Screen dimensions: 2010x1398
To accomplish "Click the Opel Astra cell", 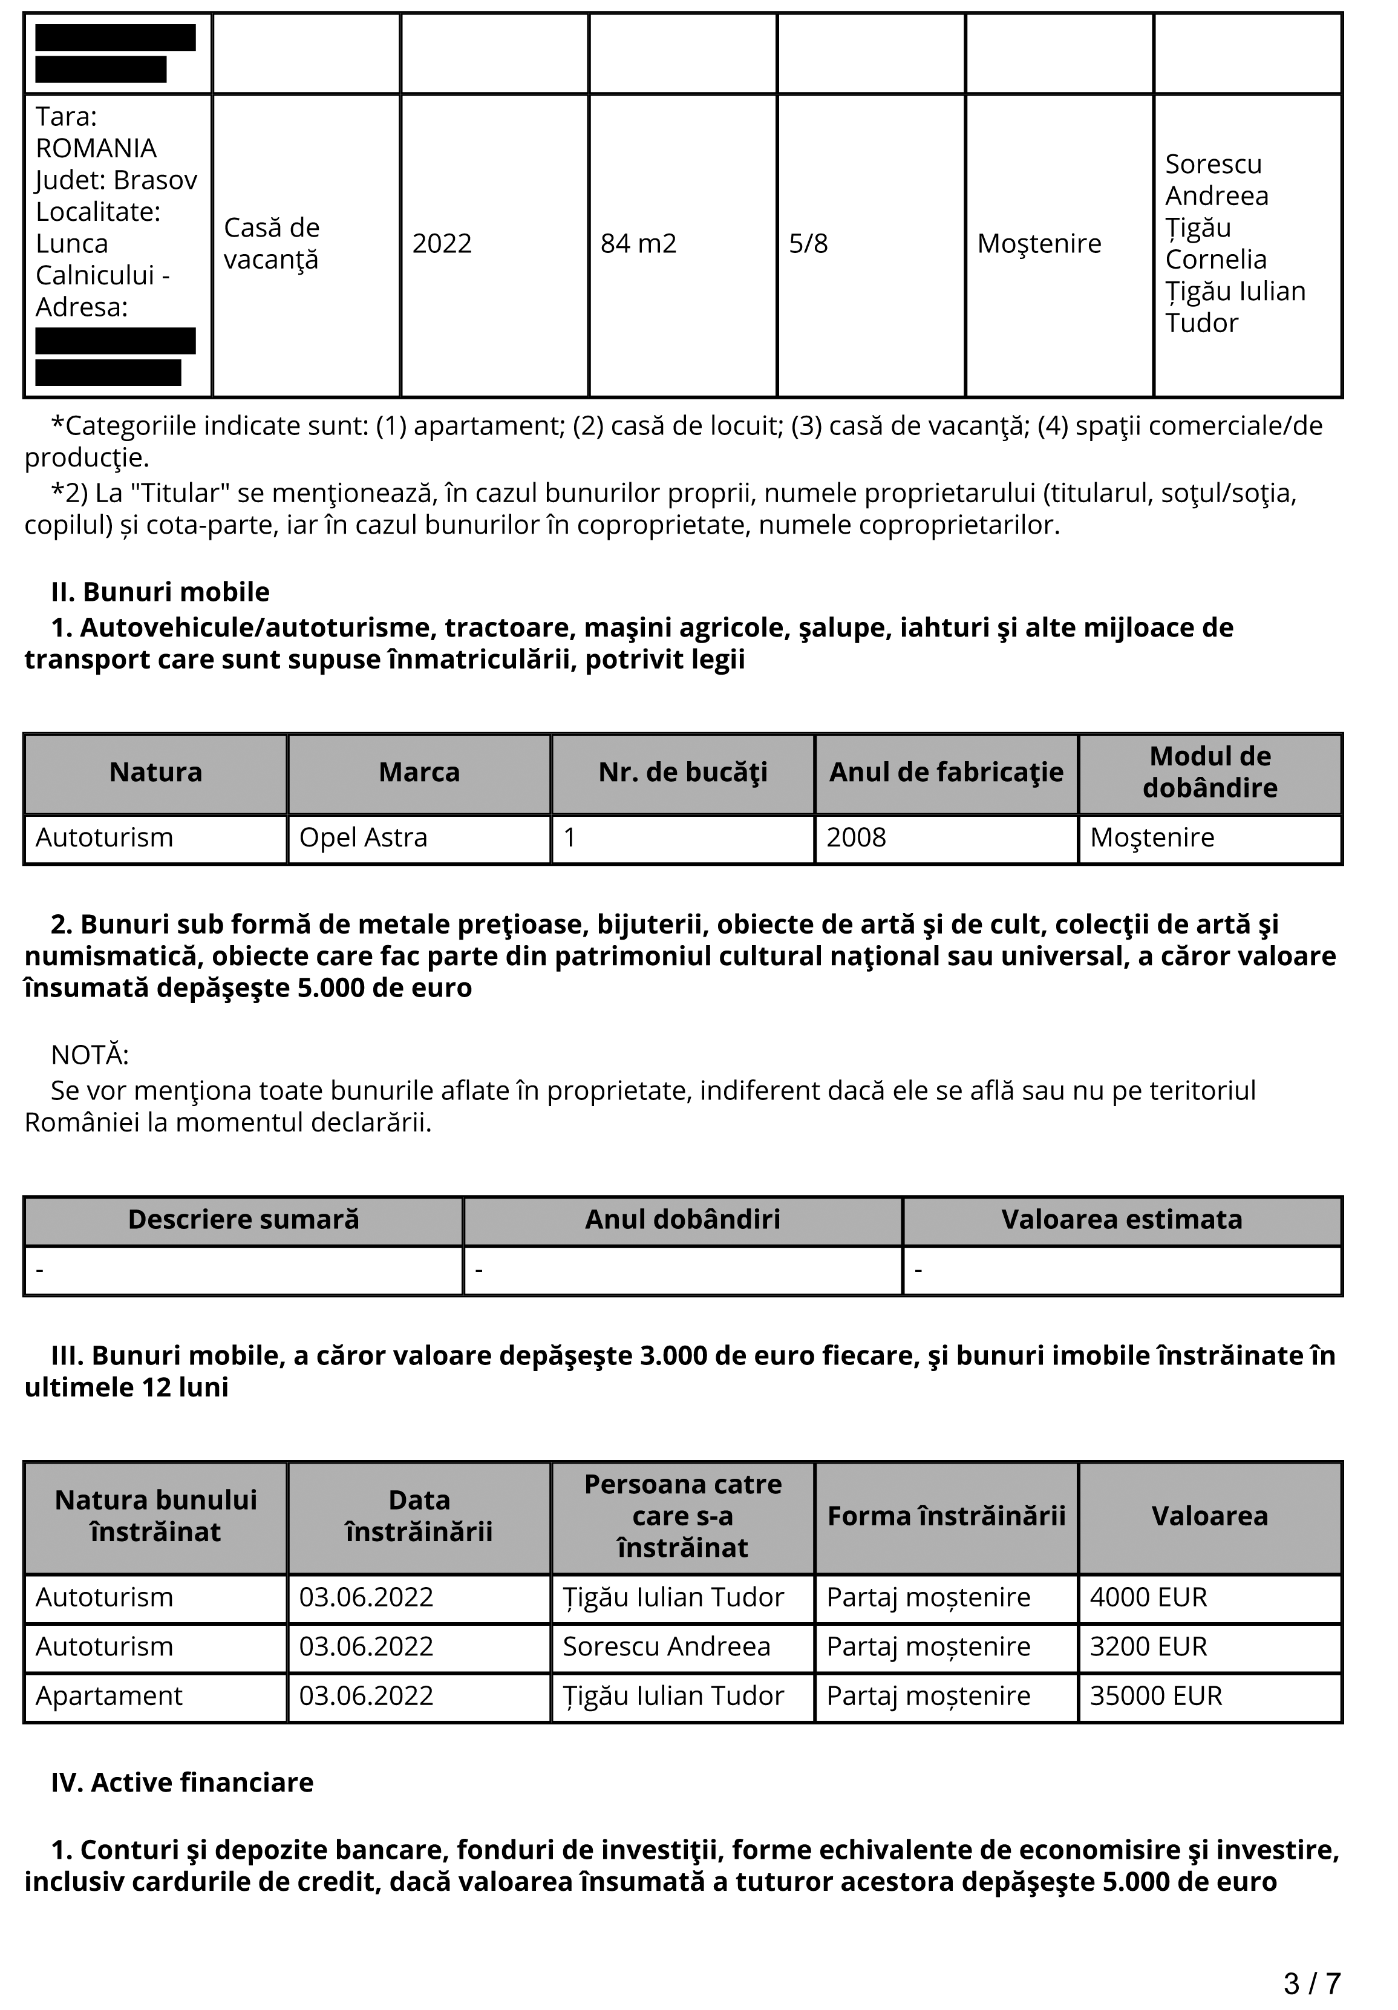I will (x=364, y=838).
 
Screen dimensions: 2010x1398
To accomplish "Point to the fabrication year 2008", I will (x=856, y=838).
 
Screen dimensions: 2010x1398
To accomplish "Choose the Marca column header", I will (x=419, y=772).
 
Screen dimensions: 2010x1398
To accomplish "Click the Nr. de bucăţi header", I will (x=683, y=772).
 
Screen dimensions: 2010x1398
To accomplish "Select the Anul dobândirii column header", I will (x=683, y=1219).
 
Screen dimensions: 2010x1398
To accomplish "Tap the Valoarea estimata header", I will (x=1122, y=1219).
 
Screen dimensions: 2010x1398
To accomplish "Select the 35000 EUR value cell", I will (x=1155, y=1696).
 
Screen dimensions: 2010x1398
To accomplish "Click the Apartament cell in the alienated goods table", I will (x=108, y=1696).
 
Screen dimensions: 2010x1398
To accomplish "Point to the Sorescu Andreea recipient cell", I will (x=666, y=1647).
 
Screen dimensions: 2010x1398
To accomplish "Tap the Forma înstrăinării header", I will (x=946, y=1516).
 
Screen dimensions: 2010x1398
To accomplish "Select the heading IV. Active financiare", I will (x=182, y=1782).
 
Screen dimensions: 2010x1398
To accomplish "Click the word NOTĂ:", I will (x=90, y=1055).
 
